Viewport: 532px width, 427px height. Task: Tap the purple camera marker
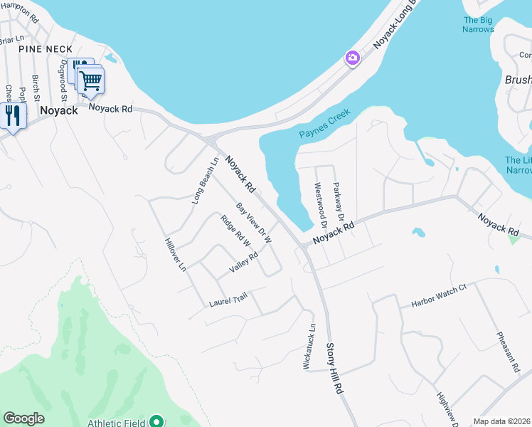(352, 58)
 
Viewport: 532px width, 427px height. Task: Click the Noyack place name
(58, 110)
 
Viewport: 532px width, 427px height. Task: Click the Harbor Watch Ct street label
(438, 297)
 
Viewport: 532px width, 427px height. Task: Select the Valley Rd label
(243, 263)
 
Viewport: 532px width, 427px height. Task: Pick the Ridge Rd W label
(236, 231)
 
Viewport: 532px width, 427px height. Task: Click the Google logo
(23, 418)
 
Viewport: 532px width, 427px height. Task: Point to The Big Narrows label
(478, 24)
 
